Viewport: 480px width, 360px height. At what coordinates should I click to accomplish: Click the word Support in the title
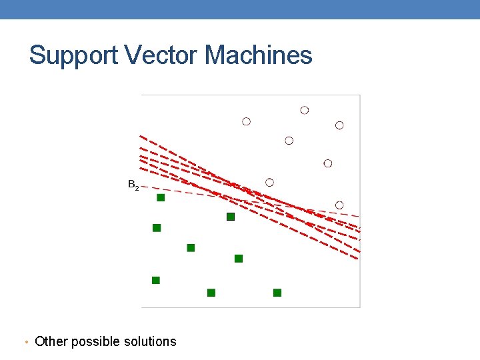pyautogui.click(x=73, y=55)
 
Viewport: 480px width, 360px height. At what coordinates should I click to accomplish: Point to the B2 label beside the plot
pyautogui.click(x=133, y=185)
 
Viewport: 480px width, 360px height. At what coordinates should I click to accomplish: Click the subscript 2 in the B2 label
pyautogui.click(x=137, y=188)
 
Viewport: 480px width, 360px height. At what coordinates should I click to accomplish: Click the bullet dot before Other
pyautogui.click(x=25, y=343)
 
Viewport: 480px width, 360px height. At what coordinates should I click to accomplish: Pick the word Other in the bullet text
pyautogui.click(x=51, y=341)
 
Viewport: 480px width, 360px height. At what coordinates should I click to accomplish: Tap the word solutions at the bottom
pyautogui.click(x=150, y=341)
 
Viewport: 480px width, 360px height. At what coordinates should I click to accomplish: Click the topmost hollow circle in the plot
pyautogui.click(x=305, y=110)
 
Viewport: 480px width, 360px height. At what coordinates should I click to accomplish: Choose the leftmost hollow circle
pyautogui.click(x=246, y=121)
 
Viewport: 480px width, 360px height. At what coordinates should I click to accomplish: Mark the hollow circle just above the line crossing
pyautogui.click(x=269, y=182)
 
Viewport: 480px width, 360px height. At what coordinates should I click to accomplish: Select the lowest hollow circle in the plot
pyautogui.click(x=339, y=205)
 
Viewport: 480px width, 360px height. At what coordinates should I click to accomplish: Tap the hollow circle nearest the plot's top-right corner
pyautogui.click(x=339, y=125)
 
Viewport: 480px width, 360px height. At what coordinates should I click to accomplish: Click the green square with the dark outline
pyautogui.click(x=231, y=217)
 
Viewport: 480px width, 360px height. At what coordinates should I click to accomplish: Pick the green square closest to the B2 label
pyautogui.click(x=161, y=197)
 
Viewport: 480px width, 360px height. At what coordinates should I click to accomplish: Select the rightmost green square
pyautogui.click(x=277, y=293)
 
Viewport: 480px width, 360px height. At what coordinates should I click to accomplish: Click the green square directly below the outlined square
pyautogui.click(x=239, y=259)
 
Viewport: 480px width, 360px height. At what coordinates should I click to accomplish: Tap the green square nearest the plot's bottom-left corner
pyautogui.click(x=156, y=280)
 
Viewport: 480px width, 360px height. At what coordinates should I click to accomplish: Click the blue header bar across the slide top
pyautogui.click(x=240, y=9)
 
